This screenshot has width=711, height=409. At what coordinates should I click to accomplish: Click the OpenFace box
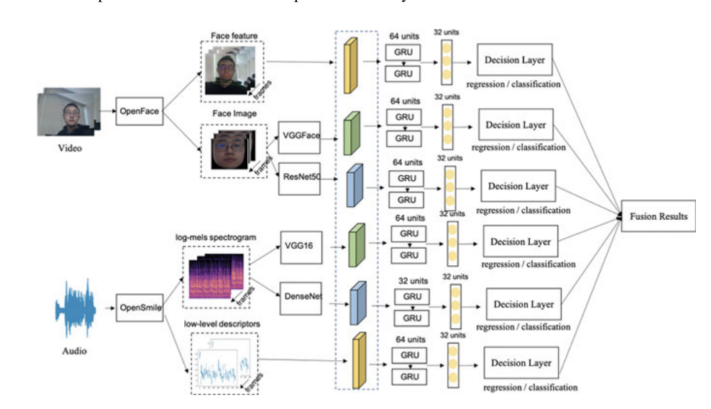(139, 111)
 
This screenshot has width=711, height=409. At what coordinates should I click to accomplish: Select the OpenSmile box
(139, 308)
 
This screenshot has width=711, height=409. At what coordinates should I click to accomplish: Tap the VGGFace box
(299, 137)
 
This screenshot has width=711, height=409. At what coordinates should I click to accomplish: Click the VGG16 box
(301, 247)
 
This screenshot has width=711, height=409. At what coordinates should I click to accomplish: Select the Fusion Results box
(658, 216)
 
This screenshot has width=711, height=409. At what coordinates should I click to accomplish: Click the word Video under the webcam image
(70, 148)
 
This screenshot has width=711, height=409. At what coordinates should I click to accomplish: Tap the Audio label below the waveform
(74, 351)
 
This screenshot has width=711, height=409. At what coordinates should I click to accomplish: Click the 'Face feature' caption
(234, 36)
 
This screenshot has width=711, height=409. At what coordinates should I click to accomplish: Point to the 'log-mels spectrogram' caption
(216, 237)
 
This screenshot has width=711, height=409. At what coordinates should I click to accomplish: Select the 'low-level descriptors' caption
(222, 324)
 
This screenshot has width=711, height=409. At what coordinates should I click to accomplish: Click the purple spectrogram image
(217, 276)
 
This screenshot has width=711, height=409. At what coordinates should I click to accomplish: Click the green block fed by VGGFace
(352, 133)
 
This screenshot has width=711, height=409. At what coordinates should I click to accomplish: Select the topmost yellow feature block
(350, 66)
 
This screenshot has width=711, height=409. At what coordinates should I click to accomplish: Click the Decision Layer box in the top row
(514, 60)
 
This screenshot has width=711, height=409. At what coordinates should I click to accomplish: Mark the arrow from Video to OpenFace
(108, 111)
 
